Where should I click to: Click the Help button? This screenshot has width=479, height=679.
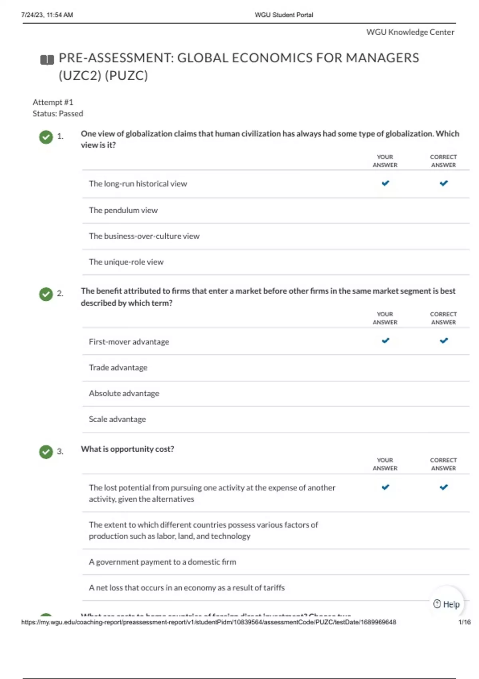(x=447, y=604)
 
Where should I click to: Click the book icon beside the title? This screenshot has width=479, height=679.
(x=47, y=60)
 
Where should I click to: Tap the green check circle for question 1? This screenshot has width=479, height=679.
(x=46, y=137)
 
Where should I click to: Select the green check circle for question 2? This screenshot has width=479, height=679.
(x=46, y=294)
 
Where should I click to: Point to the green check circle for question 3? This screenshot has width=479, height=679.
(x=46, y=452)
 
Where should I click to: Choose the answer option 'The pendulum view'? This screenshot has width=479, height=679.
(x=123, y=210)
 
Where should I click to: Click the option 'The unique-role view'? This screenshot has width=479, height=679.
(x=126, y=262)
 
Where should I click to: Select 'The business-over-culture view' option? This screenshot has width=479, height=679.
(x=144, y=236)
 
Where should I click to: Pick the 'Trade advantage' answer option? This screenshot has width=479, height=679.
(x=118, y=367)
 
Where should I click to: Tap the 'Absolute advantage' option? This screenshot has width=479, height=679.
(x=124, y=393)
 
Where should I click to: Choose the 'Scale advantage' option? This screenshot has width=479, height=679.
(x=117, y=419)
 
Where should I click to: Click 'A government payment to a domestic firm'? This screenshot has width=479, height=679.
(x=162, y=562)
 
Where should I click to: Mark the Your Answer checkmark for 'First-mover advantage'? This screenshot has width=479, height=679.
(x=385, y=341)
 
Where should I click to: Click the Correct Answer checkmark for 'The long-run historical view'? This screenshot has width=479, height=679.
(x=443, y=183)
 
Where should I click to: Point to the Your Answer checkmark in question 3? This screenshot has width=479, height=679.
(x=385, y=487)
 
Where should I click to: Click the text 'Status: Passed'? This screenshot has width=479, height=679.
(x=58, y=113)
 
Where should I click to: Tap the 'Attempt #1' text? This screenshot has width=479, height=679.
(x=53, y=102)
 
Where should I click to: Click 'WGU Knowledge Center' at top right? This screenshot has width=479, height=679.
(x=410, y=32)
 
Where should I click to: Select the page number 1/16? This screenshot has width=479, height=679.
(x=464, y=622)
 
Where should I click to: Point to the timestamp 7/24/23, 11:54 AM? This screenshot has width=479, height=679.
(x=47, y=15)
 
